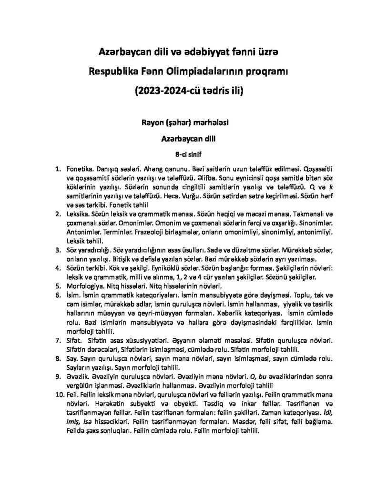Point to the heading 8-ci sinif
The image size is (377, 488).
pyautogui.click(x=188, y=154)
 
